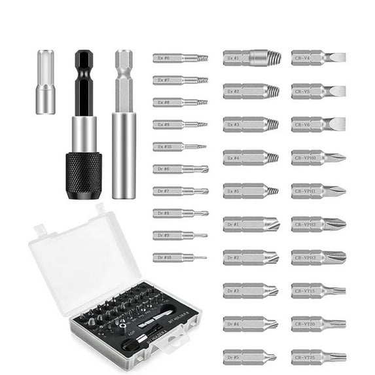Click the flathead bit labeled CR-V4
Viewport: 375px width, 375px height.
pos(318,58)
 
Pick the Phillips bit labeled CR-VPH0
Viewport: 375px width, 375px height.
pos(318,157)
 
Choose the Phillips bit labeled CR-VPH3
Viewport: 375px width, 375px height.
pos(318,257)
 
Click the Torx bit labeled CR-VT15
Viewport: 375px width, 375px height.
pos(318,291)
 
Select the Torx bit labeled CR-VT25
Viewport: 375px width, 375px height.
pos(318,357)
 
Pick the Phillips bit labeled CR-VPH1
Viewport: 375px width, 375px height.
pos(318,190)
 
